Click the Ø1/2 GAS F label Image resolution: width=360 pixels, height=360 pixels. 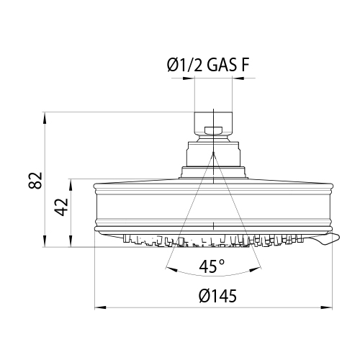[x=208, y=65]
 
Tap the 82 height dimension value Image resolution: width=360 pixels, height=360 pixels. [x=35, y=180]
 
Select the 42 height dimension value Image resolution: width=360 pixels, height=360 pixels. [x=61, y=207]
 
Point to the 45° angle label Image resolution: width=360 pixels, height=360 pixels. [x=212, y=266]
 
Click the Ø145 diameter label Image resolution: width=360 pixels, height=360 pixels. [x=217, y=295]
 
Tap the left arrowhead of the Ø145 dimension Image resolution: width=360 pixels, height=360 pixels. [x=100, y=307]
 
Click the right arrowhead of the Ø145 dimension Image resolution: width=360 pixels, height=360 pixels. [x=327, y=307]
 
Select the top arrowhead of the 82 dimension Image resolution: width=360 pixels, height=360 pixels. [x=45, y=118]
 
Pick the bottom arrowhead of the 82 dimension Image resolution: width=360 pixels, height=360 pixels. [x=45, y=241]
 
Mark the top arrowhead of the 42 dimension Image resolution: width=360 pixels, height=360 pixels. [x=71, y=184]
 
